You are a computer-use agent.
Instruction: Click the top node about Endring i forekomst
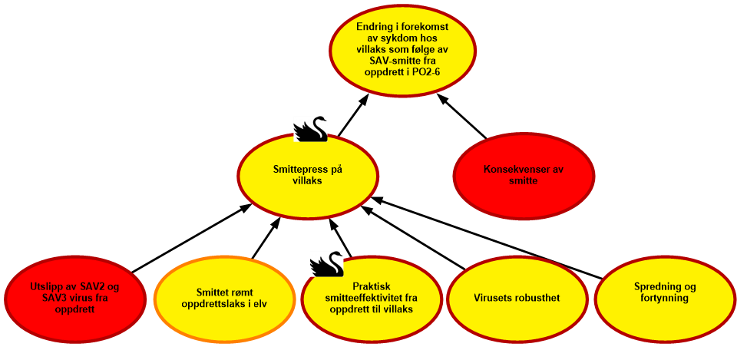pyautogui.click(x=402, y=49)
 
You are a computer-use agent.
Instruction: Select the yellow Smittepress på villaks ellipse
pyautogui.click(x=307, y=177)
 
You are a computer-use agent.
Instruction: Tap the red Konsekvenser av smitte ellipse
pyautogui.click(x=524, y=177)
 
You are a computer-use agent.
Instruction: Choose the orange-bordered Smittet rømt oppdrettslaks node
pyautogui.click(x=226, y=297)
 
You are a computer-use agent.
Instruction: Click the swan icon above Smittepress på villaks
pyautogui.click(x=310, y=129)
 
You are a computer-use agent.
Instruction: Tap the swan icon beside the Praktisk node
pyautogui.click(x=326, y=263)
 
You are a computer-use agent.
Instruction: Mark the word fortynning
pyautogui.click(x=661, y=299)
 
